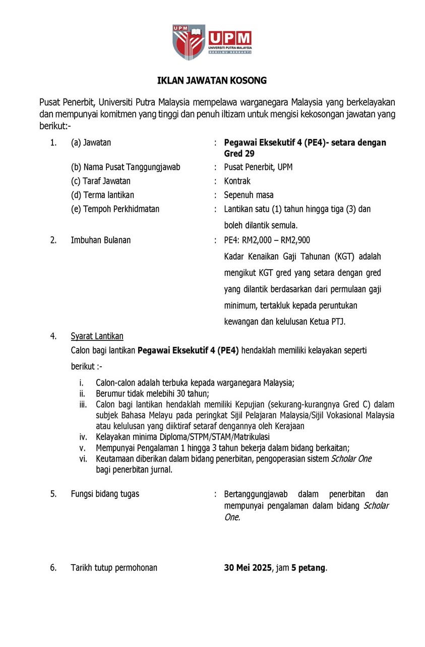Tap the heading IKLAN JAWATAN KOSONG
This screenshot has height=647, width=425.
[212, 81]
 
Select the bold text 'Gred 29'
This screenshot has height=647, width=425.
[239, 154]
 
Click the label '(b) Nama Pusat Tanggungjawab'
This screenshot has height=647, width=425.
[126, 167]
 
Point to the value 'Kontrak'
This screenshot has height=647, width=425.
[237, 181]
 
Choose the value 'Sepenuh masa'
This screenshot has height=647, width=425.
[249, 195]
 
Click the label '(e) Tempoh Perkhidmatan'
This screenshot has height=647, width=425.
[115, 209]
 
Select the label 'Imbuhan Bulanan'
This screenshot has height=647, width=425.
[100, 240]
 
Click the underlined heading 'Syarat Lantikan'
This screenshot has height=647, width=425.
[97, 336]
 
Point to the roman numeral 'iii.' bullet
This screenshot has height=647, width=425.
[83, 404]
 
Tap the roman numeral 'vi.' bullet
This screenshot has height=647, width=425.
[83, 459]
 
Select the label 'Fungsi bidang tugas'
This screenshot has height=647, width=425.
[105, 494]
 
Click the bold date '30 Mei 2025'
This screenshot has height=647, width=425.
[248, 568]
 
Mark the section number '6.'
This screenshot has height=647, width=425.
[53, 568]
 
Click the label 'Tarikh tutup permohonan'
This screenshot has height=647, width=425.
[114, 568]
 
